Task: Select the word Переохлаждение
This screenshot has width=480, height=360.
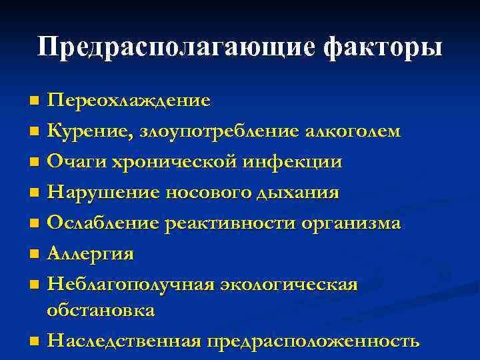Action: click(x=129, y=100)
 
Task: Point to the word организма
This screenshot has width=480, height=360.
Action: click(x=350, y=223)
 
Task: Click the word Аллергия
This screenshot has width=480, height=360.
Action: click(x=91, y=254)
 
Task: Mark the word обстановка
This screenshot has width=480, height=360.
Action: click(x=100, y=310)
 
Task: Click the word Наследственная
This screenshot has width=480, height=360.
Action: click(x=125, y=341)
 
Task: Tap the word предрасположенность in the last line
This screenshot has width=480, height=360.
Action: click(x=313, y=341)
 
